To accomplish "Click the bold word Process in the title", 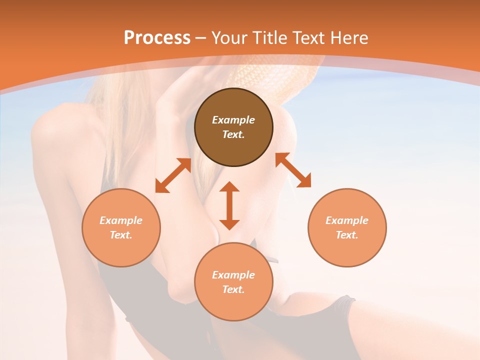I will coord(157,38).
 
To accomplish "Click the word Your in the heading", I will coord(231,38).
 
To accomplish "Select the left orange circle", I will coord(121,250).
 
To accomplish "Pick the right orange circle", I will coord(347,250).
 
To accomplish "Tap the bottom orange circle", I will coord(233,304).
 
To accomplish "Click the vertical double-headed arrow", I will coord(229,205).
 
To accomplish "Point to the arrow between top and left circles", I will coord(173,175).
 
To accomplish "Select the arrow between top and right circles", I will coord(293,170).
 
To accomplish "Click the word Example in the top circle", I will coord(233,120).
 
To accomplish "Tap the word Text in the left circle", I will coord(121,235).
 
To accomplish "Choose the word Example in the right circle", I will coord(347,220).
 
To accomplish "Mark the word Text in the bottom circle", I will coord(233,289).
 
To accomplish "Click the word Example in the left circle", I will coord(121,220).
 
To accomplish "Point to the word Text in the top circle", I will coord(233,134).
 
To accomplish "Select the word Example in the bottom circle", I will coord(233,275).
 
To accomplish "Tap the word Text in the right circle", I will coord(347,235).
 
